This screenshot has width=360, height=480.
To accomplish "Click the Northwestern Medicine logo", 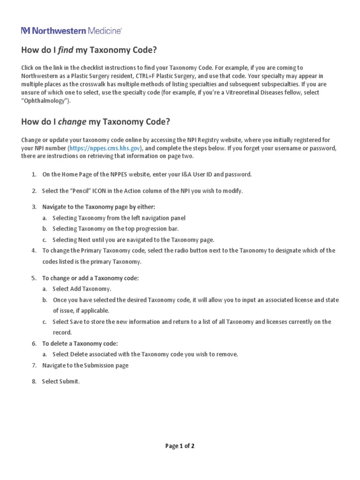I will coord(71,30).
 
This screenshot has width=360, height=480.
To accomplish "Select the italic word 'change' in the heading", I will coord(72,122).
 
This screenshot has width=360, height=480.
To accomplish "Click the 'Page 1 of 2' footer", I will coord(180,446).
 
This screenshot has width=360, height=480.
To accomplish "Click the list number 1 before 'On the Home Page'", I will coord(34,174).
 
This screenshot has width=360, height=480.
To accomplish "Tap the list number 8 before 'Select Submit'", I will coord(34,382).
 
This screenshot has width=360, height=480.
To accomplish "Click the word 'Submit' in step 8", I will coord(69,382).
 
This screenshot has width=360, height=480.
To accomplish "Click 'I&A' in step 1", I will coord(187,174).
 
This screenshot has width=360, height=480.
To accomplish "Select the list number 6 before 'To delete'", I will coord(34,344).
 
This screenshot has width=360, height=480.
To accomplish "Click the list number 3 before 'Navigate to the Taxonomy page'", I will coord(34,207).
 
